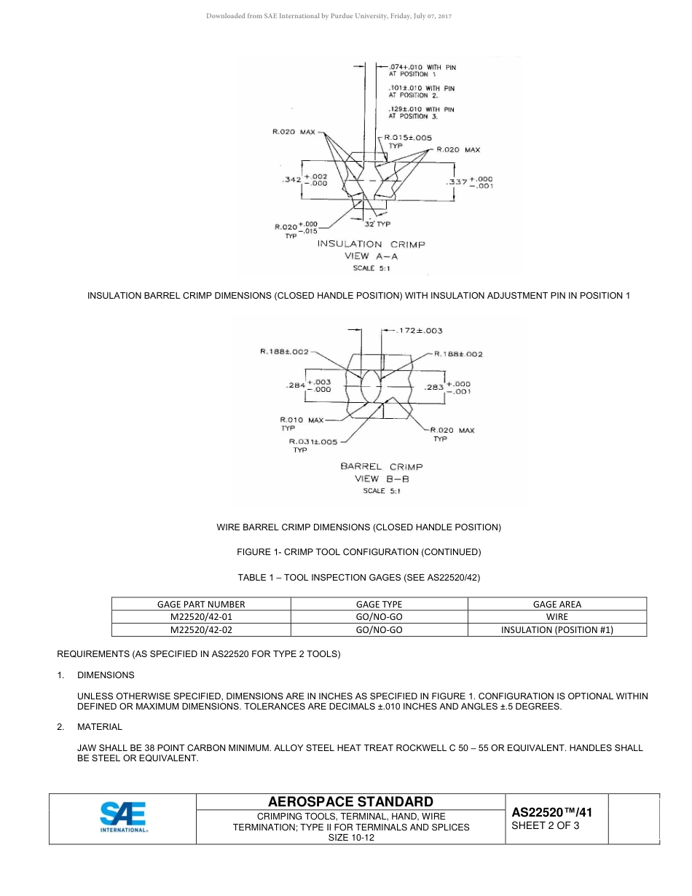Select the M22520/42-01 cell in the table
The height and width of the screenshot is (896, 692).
click(201, 617)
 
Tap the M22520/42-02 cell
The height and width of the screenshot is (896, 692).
click(201, 630)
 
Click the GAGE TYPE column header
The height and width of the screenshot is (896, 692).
click(379, 604)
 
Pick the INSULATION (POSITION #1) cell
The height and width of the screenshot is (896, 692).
click(557, 630)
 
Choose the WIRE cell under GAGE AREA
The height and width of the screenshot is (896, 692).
click(557, 617)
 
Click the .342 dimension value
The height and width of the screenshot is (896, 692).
click(291, 179)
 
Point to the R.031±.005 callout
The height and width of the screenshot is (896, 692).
click(313, 441)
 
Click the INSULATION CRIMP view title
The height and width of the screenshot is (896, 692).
click(371, 244)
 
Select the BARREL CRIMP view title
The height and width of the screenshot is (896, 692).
click(381, 466)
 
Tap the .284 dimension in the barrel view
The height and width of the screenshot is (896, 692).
click(295, 385)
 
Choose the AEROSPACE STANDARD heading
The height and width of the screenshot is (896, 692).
click(350, 801)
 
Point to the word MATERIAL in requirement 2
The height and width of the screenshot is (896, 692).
click(100, 727)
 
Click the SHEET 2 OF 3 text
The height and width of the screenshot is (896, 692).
click(546, 826)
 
